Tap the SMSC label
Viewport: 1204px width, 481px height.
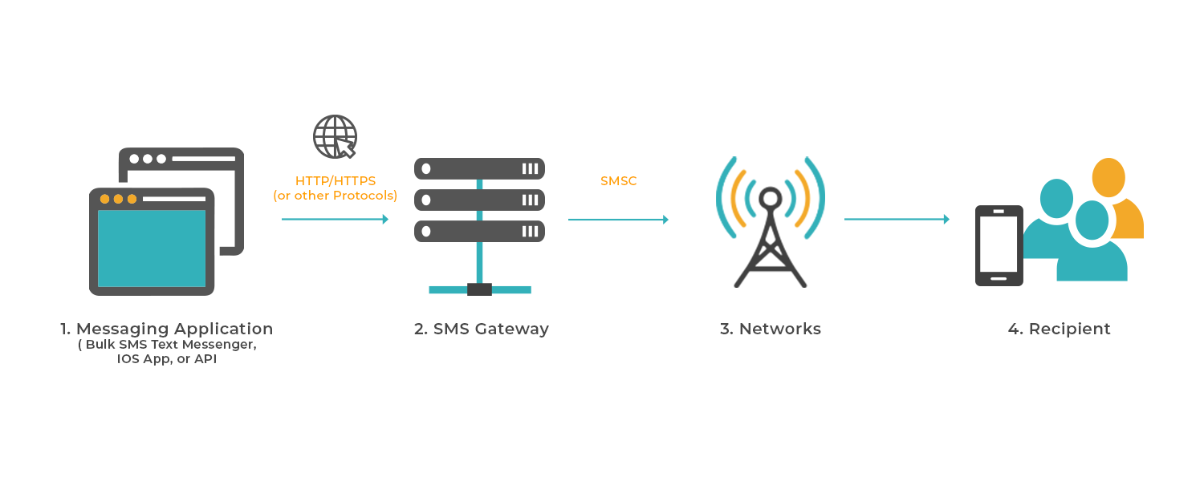tap(618, 181)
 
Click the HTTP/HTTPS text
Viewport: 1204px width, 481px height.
tap(335, 181)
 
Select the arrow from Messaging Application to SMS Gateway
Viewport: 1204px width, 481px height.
tap(335, 219)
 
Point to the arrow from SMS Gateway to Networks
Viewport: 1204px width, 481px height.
tap(618, 219)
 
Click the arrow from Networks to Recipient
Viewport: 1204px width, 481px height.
tap(897, 219)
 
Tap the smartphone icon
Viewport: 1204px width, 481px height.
tap(999, 245)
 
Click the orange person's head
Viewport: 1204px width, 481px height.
tap(1108, 177)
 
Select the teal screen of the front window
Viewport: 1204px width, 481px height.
tap(152, 248)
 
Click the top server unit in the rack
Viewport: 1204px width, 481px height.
tap(479, 168)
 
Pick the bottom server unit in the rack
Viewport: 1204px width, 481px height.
tap(479, 232)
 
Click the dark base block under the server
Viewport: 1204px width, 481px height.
tap(479, 289)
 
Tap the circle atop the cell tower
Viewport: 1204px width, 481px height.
tap(771, 197)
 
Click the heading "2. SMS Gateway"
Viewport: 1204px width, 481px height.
tap(482, 329)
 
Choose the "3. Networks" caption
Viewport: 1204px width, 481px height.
tap(771, 329)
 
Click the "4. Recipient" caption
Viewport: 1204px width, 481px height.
tap(1060, 329)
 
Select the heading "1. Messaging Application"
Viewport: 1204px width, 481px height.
tap(167, 329)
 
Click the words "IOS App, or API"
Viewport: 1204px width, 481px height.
tap(167, 360)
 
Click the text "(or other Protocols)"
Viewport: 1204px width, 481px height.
tap(335, 196)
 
